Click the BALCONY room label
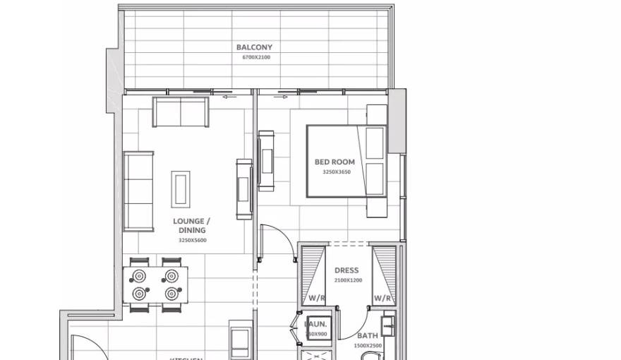click(x=254, y=47)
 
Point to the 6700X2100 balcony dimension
click(x=255, y=57)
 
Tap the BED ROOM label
click(x=334, y=162)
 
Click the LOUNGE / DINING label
click(x=192, y=225)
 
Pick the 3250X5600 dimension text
click(x=192, y=240)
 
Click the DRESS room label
click(x=346, y=270)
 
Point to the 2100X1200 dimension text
click(x=346, y=280)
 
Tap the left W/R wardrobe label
click(x=316, y=299)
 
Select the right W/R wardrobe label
click(x=382, y=299)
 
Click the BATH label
click(x=367, y=336)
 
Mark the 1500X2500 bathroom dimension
click(x=367, y=346)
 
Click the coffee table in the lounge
click(x=181, y=188)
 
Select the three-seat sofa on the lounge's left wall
click(x=138, y=191)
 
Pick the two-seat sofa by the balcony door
click(x=181, y=112)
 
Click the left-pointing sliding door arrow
click(x=229, y=97)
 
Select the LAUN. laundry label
click(x=315, y=325)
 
